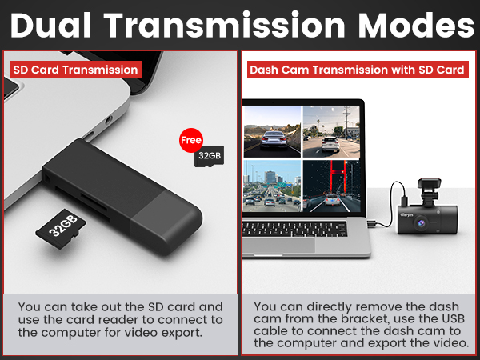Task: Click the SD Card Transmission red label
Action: [x=75, y=70]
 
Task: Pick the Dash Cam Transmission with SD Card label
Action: [x=357, y=70]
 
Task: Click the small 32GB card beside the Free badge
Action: [x=209, y=155]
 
